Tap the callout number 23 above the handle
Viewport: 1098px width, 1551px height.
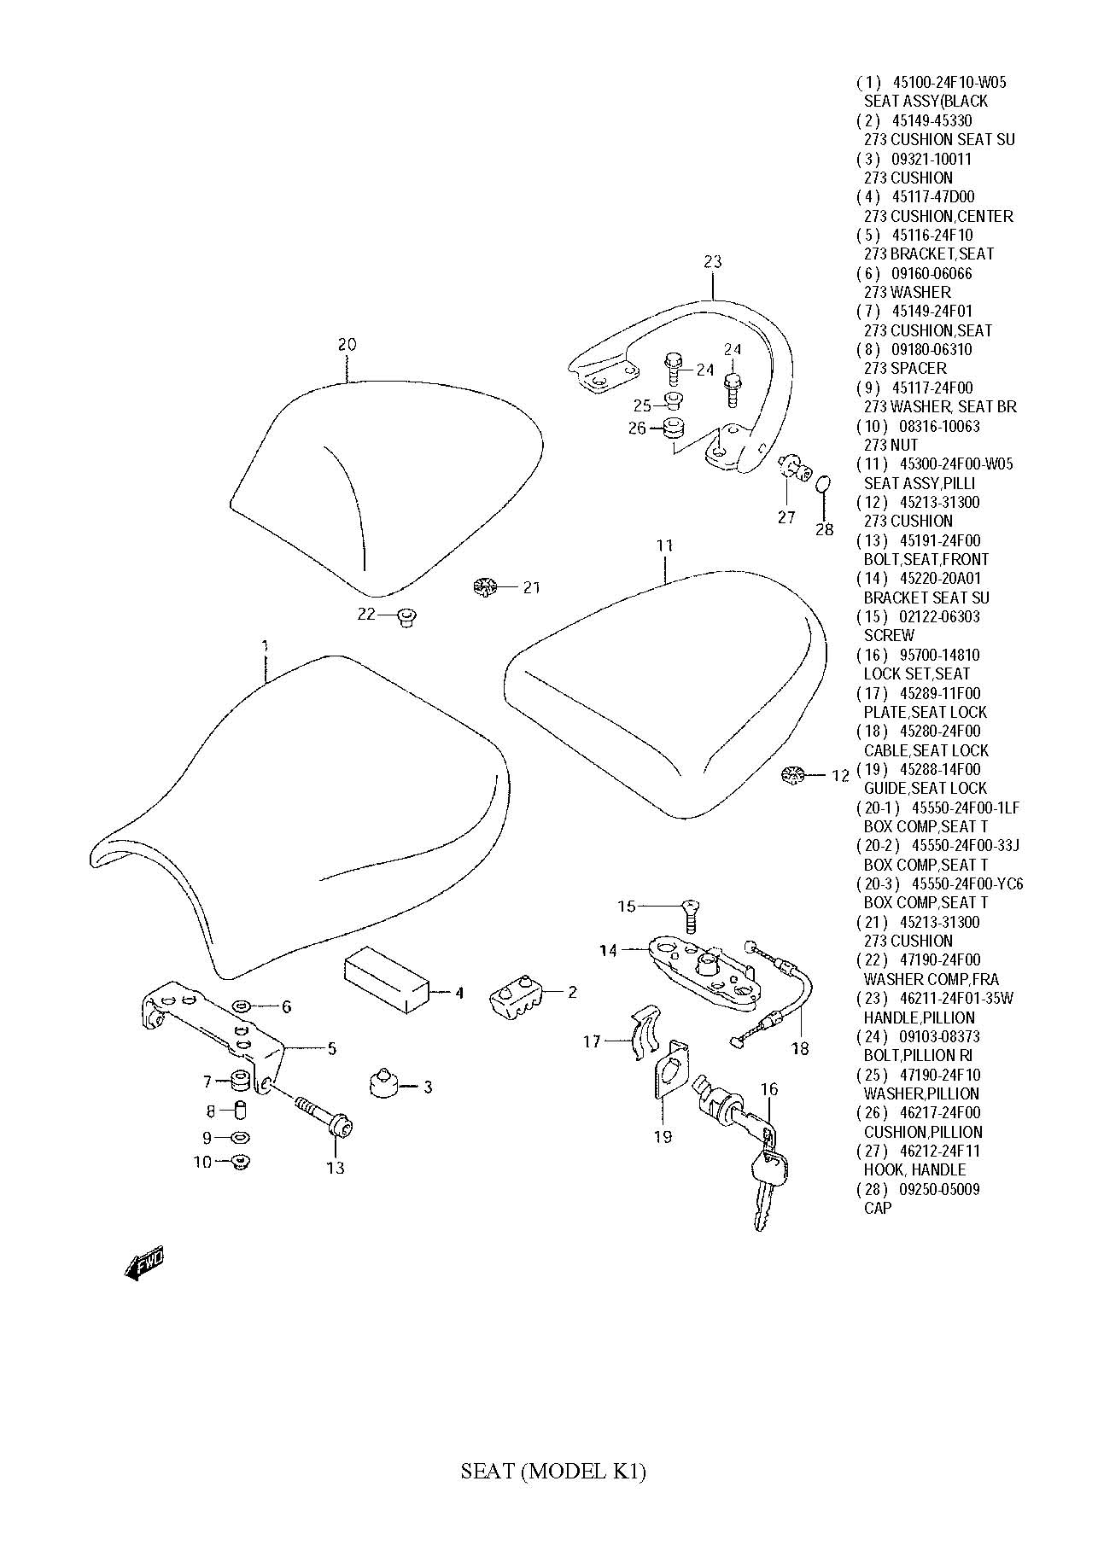[713, 262]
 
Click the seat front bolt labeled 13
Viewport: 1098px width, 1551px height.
[324, 1116]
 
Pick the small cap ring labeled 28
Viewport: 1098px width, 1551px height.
[822, 485]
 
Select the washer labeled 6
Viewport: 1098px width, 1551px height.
[242, 1007]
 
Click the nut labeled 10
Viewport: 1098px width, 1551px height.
[240, 1161]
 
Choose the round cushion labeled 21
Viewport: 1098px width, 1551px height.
[484, 587]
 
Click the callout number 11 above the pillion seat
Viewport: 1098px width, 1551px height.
[665, 545]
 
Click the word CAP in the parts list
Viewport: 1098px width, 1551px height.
[877, 1208]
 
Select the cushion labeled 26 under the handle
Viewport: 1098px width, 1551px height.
[675, 428]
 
